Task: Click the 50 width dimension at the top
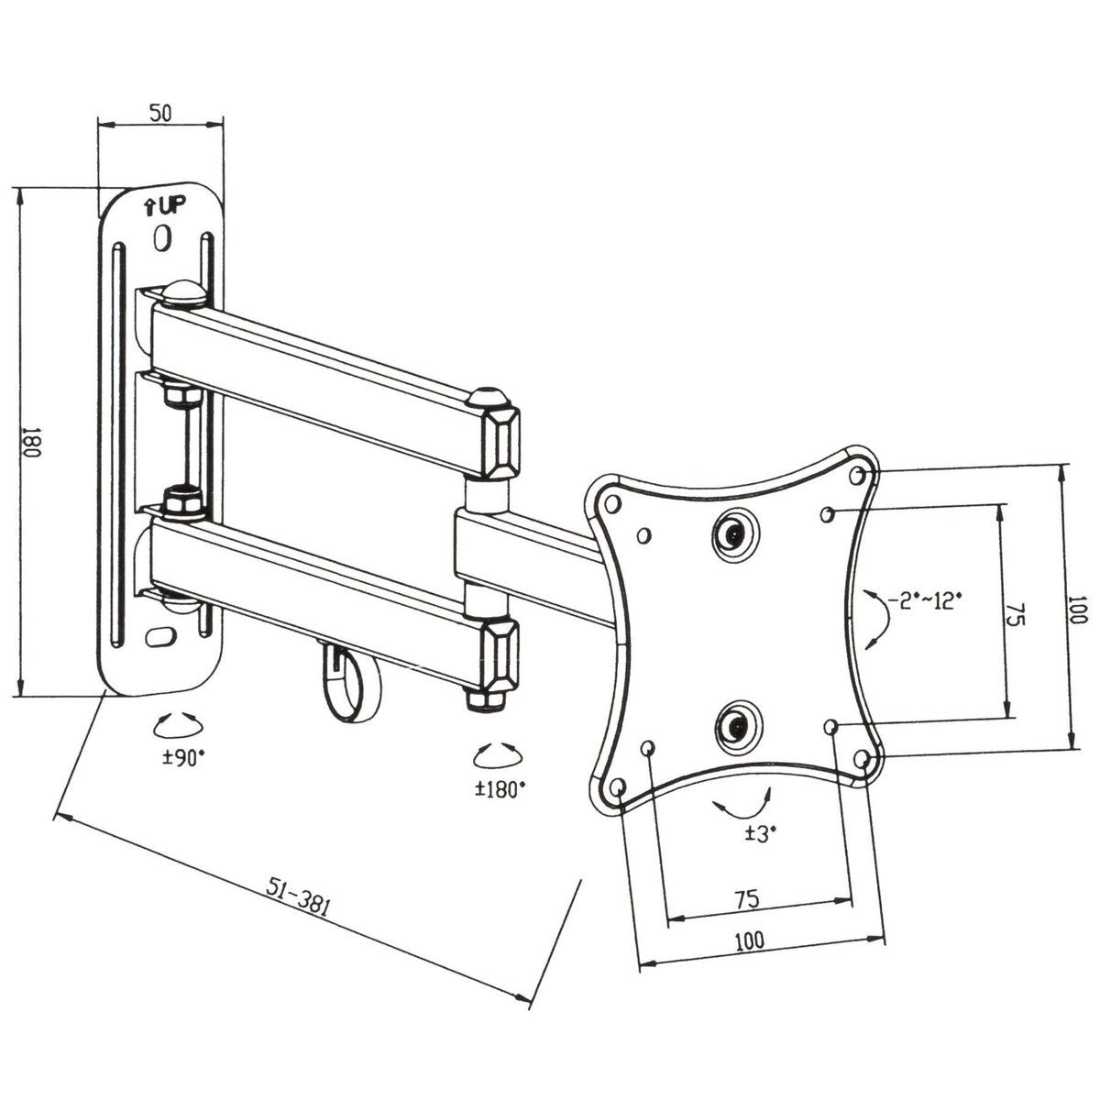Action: coord(160,114)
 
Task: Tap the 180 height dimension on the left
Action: coord(30,442)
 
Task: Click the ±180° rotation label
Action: coord(500,787)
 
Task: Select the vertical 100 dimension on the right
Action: coord(1076,610)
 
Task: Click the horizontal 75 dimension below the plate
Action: coord(746,899)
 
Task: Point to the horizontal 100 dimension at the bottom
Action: coord(749,940)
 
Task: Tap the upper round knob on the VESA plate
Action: coord(731,531)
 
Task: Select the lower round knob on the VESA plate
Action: coord(733,723)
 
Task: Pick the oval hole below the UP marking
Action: coord(163,238)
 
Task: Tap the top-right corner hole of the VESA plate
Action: coord(859,476)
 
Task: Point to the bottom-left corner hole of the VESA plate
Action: coord(616,786)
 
